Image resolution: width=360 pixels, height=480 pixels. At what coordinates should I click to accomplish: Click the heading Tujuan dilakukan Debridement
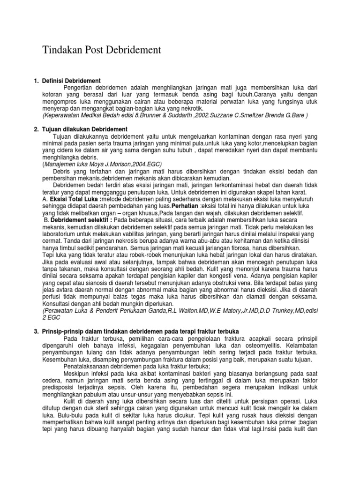coord(87,129)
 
